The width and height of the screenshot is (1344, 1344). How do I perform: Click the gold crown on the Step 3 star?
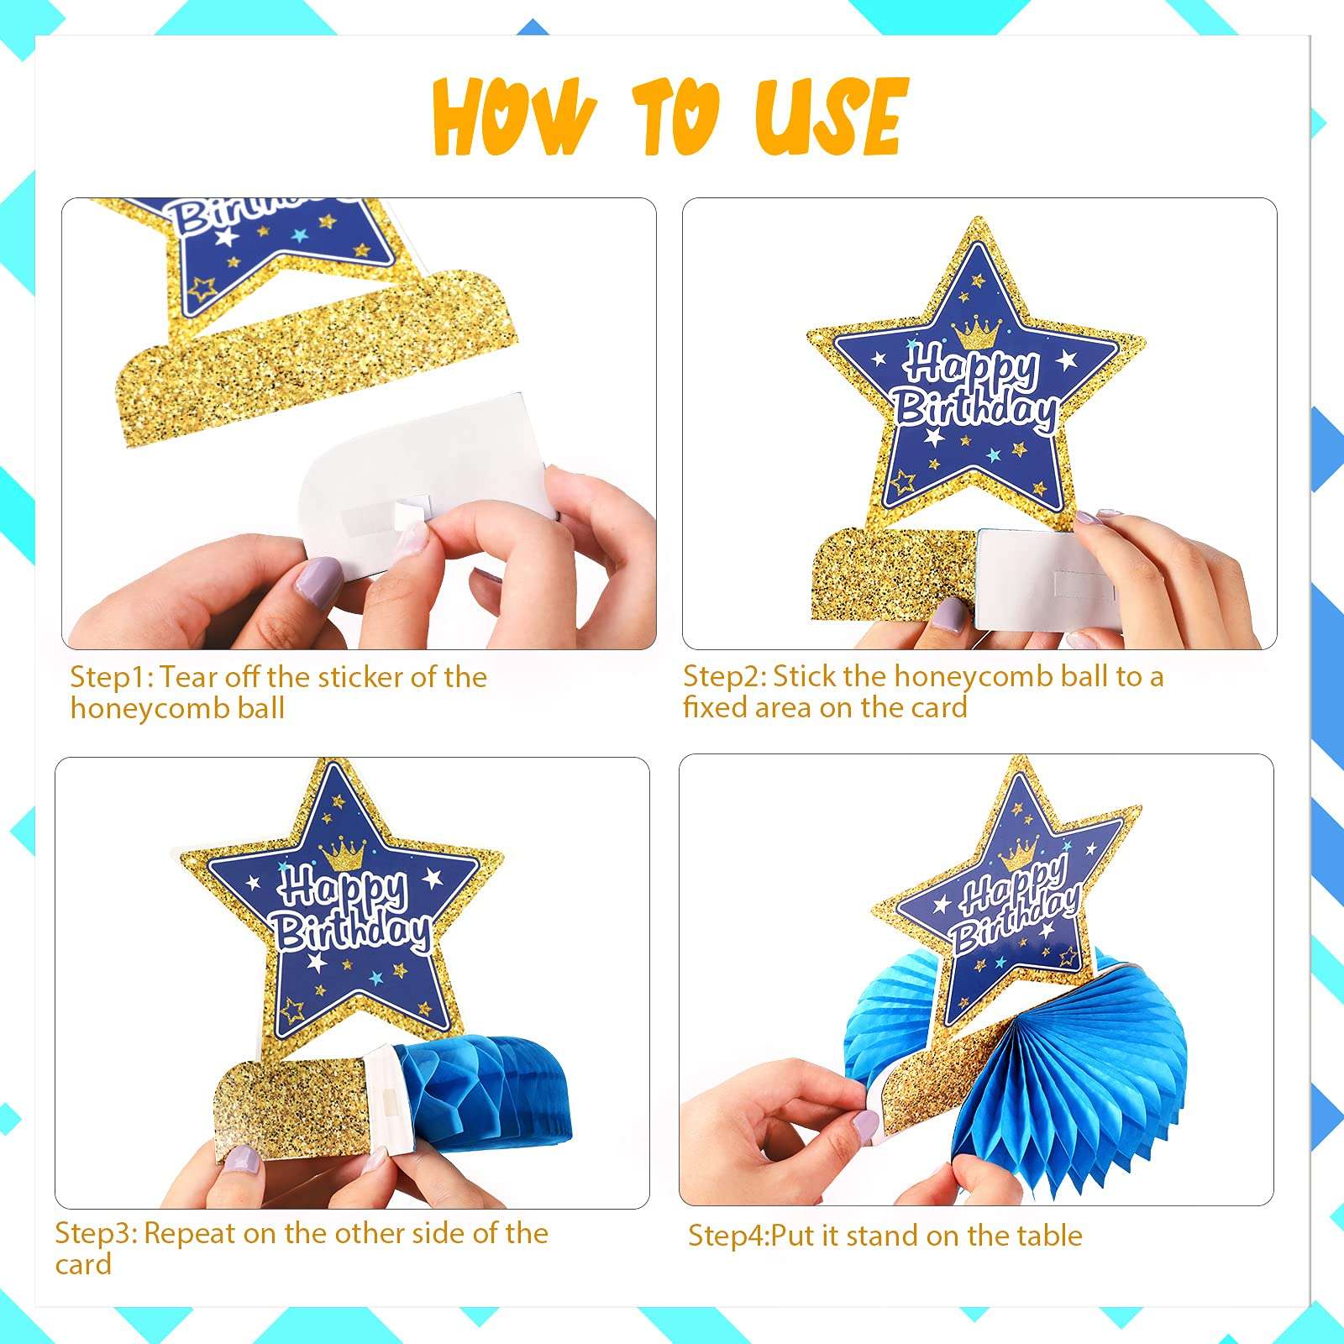click(x=343, y=855)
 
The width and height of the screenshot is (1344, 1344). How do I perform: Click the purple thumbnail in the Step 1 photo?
click(x=318, y=579)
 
